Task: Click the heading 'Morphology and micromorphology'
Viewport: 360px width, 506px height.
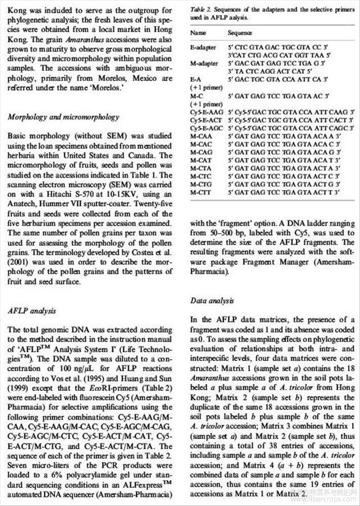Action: tap(61, 116)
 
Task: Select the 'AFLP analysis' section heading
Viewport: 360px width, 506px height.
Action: tap(33, 310)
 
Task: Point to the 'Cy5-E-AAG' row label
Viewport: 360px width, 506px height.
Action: tap(207, 112)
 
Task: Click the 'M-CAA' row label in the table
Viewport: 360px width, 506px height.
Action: tap(201, 136)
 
